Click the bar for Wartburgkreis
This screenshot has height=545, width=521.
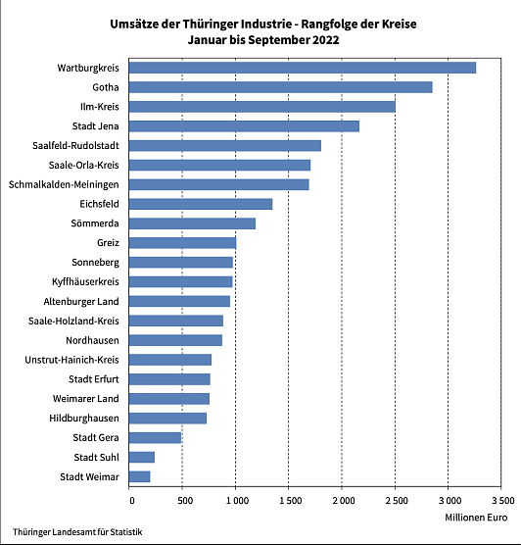coord(303,68)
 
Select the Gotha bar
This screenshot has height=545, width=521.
coord(281,87)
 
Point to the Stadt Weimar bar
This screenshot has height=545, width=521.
coord(140,476)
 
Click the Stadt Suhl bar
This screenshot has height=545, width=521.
coord(142,457)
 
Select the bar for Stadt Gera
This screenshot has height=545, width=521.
coord(156,437)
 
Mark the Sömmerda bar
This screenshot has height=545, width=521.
coord(192,223)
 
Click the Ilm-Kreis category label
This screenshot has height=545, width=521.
coord(99,107)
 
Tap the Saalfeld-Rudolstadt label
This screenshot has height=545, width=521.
coord(75,145)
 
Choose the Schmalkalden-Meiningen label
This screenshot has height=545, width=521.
coord(64,184)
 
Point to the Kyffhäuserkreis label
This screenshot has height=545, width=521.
coord(85,281)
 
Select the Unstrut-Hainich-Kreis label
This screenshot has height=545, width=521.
coord(71,360)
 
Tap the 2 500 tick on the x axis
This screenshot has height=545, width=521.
coord(395,501)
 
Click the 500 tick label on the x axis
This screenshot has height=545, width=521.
coord(182,501)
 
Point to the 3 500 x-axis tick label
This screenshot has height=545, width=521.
coord(500,501)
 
